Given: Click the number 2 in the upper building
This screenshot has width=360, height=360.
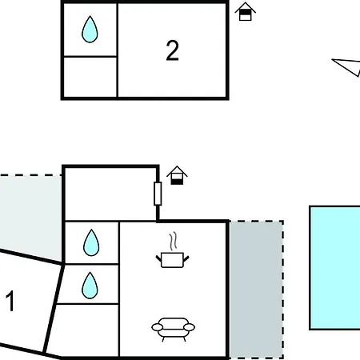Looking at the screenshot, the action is coord(172,50).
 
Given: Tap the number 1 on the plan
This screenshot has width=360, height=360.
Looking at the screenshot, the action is coord(10,301).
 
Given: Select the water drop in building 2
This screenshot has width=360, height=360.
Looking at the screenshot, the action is coord(90,30).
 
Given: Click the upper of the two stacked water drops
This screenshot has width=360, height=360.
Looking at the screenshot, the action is coord(91,242).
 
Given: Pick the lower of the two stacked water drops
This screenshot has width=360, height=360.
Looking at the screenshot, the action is coord(90,286).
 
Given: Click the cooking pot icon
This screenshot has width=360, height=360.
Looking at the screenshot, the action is coord(172,260).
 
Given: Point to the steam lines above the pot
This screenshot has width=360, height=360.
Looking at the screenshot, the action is coord(173,241).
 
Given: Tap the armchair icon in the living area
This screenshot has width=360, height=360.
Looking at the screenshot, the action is coord(173,330).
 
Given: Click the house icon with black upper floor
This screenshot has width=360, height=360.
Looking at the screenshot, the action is coord(246,11).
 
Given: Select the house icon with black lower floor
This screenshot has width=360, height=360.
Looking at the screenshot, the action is coord(177,175).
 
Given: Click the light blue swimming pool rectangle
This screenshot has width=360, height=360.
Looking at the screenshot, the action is coord(334,268).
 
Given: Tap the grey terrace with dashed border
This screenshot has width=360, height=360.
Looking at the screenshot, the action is coord(256,290).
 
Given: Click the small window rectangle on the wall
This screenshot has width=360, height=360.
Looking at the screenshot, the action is coord(158,194).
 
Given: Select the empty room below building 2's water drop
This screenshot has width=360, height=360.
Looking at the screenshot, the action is coord(90,77).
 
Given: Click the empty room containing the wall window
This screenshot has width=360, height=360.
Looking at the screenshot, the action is coord(110,194).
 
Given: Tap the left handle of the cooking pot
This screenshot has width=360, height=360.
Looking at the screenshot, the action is coord(158,258).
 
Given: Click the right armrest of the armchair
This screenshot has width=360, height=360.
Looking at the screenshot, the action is coord(190,327).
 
